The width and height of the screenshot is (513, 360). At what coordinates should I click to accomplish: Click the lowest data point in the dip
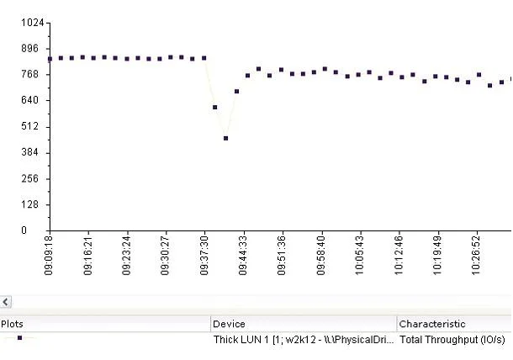pyautogui.click(x=225, y=138)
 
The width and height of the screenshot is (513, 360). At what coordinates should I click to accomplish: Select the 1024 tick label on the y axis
pyautogui.click(x=33, y=23)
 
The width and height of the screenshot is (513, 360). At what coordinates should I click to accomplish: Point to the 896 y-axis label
pyautogui.click(x=29, y=49)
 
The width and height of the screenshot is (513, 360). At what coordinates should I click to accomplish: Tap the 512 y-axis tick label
pyautogui.click(x=29, y=126)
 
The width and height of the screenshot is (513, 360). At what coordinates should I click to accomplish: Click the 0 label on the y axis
pyautogui.click(x=24, y=230)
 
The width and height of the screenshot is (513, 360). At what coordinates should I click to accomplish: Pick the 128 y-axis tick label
pyautogui.click(x=29, y=204)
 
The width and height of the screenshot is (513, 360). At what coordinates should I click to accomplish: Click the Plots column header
pyautogui.click(x=12, y=324)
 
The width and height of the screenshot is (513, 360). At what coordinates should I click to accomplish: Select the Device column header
pyautogui.click(x=229, y=324)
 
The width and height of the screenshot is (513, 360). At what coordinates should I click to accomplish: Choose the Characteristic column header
pyautogui.click(x=432, y=324)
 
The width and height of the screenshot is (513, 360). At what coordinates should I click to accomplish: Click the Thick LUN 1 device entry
pyautogui.click(x=304, y=340)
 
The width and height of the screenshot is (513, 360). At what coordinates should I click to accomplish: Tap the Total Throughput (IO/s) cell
pyautogui.click(x=452, y=340)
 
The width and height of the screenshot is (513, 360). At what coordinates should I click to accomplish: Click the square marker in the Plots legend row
pyautogui.click(x=19, y=338)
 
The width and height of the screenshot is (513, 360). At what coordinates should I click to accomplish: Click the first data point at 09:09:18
pyautogui.click(x=50, y=59)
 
